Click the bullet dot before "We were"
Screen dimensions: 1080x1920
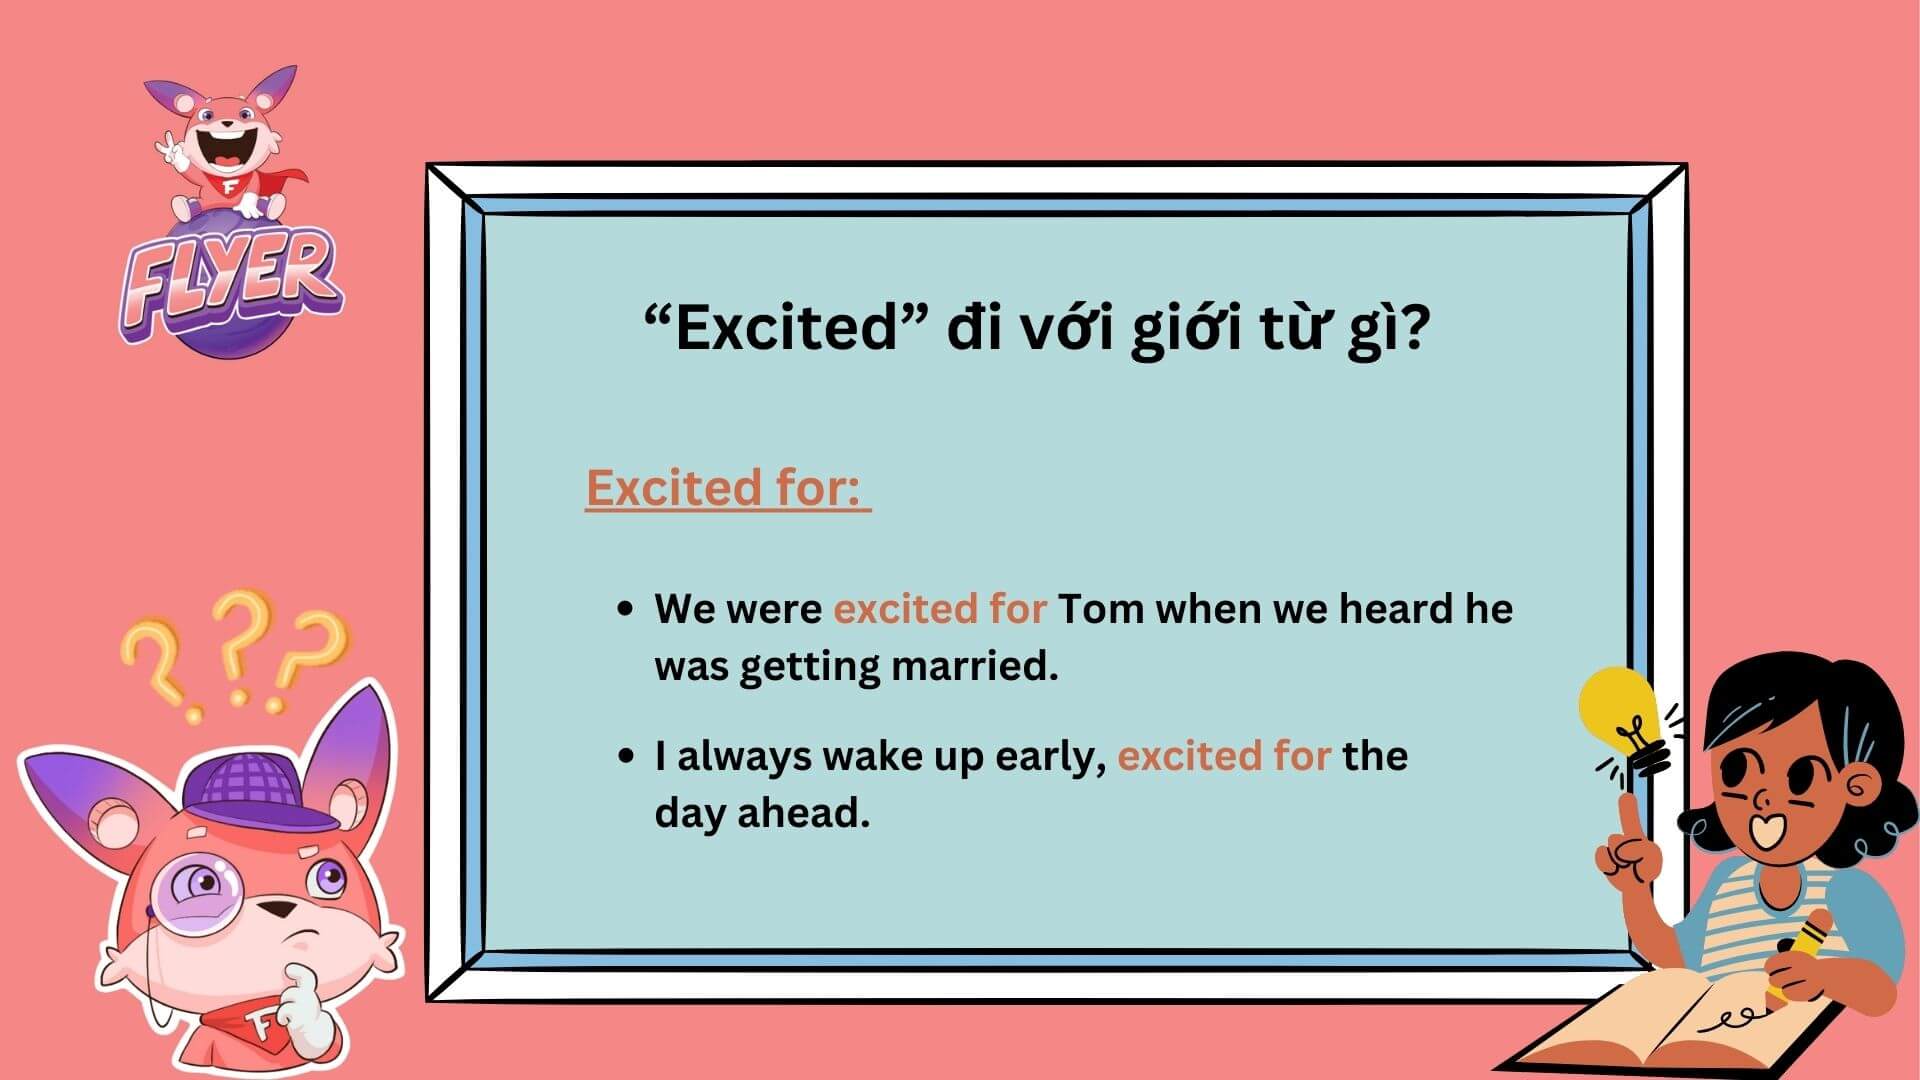click(x=626, y=609)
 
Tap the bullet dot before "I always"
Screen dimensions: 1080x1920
click(x=626, y=756)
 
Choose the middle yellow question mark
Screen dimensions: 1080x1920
click(x=240, y=640)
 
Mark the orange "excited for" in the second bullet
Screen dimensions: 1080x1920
click(x=1223, y=756)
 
